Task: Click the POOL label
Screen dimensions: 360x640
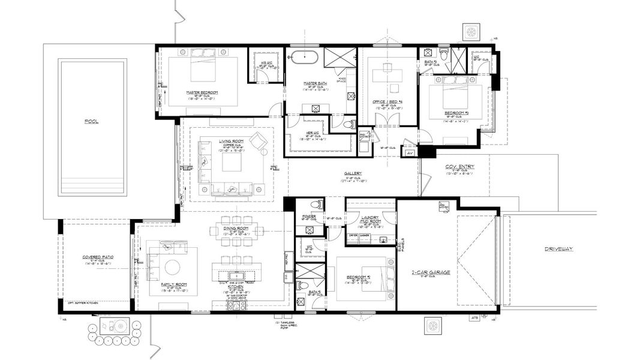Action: pyautogui.click(x=92, y=122)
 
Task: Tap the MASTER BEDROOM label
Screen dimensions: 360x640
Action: pyautogui.click(x=202, y=92)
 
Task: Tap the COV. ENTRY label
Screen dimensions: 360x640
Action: pyautogui.click(x=459, y=167)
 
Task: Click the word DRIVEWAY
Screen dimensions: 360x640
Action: pyautogui.click(x=559, y=249)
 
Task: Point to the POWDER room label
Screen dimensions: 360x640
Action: pyautogui.click(x=309, y=215)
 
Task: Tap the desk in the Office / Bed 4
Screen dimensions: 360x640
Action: pyautogui.click(x=387, y=76)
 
